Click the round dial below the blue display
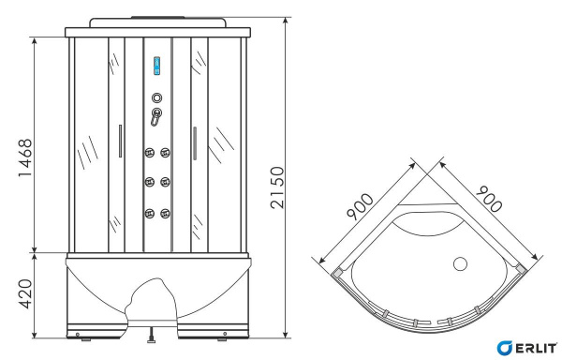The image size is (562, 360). (x=156, y=96)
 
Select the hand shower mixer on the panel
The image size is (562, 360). (x=156, y=117)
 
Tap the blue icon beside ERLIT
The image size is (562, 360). (x=505, y=345)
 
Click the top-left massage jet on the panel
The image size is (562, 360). (x=147, y=154)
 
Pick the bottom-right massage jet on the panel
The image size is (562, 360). (x=166, y=212)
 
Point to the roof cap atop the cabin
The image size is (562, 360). (x=156, y=22)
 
